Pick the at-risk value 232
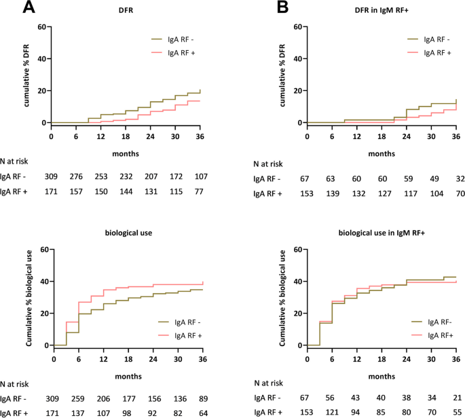coord(126,176)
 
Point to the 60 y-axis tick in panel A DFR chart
coord(41,27)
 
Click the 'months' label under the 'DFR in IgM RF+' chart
coord(382,153)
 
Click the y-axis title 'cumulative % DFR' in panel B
coord(286,75)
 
